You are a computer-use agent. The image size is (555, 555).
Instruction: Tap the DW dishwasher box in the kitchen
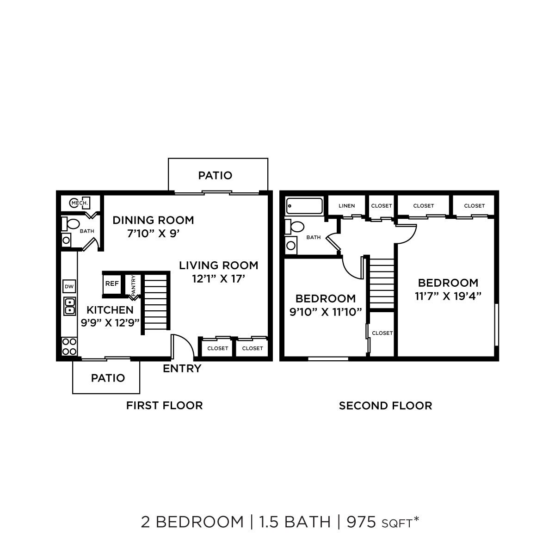tap(69, 287)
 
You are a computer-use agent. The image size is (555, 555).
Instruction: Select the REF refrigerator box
tap(111, 284)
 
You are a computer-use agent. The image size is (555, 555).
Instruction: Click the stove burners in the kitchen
tap(69, 346)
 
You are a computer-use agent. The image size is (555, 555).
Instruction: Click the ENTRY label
tap(182, 369)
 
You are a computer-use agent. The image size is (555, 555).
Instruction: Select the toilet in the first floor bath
tap(71, 224)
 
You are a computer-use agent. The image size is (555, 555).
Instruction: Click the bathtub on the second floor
tap(304, 206)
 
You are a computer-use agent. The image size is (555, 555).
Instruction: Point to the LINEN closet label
tap(346, 206)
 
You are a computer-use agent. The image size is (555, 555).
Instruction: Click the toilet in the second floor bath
tap(295, 227)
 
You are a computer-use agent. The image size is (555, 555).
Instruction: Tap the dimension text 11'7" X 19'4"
tap(448, 296)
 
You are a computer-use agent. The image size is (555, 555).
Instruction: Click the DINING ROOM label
tap(153, 220)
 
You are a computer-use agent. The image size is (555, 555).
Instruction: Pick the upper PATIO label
tap(215, 176)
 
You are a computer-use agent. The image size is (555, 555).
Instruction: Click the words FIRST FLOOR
tap(164, 406)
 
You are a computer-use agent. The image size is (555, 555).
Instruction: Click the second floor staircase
tap(382, 282)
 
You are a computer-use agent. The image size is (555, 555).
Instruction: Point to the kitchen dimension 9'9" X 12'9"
tap(110, 322)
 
